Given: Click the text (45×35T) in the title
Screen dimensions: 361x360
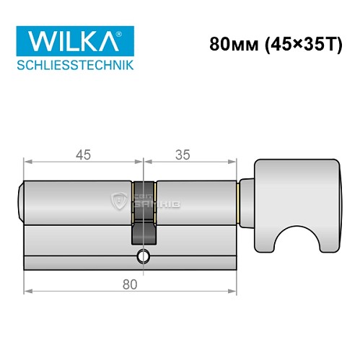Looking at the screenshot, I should click(297, 43).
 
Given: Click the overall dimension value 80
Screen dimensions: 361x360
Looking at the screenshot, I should click(130, 284).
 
